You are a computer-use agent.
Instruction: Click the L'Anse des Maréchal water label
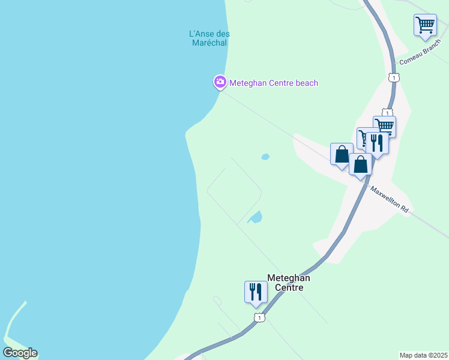[x=209, y=38]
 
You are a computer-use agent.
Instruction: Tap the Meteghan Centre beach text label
[x=274, y=83]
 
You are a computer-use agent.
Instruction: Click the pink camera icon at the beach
[x=220, y=82]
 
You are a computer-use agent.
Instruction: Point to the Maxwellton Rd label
[x=389, y=200]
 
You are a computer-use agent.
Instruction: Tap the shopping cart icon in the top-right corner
[x=425, y=25]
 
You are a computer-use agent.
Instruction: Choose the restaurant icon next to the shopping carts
[x=377, y=143]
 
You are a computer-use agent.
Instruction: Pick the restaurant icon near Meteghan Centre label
[x=256, y=292]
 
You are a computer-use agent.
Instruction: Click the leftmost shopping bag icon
[x=342, y=154]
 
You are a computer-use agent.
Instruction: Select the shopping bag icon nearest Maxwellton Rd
[x=360, y=164]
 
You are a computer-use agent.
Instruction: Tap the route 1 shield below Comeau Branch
[x=393, y=78]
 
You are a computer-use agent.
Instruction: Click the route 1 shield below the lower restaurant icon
[x=258, y=317]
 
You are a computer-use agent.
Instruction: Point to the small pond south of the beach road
[x=265, y=157]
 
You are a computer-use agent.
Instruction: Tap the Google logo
[x=20, y=353]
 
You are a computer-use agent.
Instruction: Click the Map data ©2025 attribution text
[x=423, y=355]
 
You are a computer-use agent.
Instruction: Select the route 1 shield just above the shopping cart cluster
[x=387, y=112]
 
